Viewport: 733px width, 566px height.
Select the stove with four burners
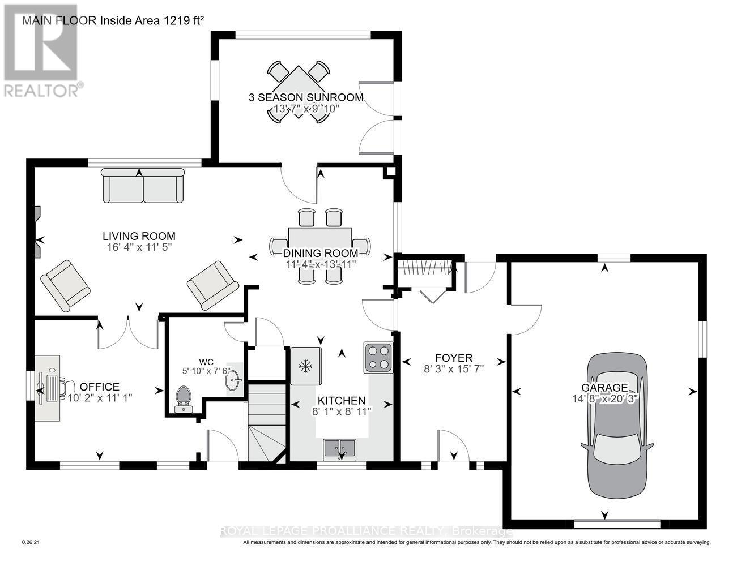coord(378,358)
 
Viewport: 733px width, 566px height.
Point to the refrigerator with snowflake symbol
coord(306,366)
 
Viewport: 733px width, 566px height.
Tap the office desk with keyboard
coord(48,388)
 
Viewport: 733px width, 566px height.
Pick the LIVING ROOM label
coord(139,236)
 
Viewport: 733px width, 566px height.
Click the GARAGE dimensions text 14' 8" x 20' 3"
coord(605,398)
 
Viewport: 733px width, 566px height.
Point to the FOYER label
coord(453,358)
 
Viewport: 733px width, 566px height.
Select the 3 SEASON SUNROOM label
coord(306,97)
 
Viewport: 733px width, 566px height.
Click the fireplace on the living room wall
coord(37,232)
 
